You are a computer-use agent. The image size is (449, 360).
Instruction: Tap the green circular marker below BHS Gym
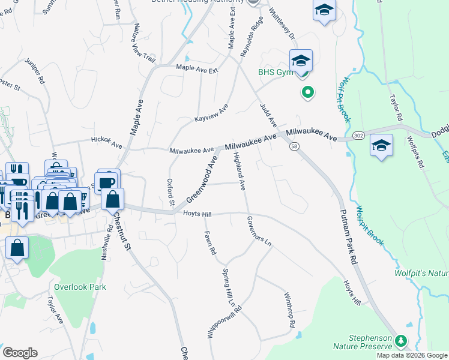click(x=307, y=92)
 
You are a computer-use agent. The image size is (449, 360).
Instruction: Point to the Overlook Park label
click(x=80, y=287)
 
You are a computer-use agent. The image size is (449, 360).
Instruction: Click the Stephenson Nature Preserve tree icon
click(x=402, y=341)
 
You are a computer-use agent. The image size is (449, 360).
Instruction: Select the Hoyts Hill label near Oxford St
click(x=197, y=214)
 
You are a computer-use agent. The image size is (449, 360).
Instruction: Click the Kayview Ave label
click(x=211, y=113)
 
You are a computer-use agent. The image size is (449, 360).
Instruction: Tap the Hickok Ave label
click(x=106, y=142)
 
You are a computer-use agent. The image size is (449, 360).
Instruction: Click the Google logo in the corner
click(x=20, y=353)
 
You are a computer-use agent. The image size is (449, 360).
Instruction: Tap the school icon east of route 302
click(x=382, y=146)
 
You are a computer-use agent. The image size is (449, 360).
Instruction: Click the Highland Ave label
click(x=239, y=172)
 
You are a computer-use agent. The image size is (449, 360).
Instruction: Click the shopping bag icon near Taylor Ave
click(x=17, y=247)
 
